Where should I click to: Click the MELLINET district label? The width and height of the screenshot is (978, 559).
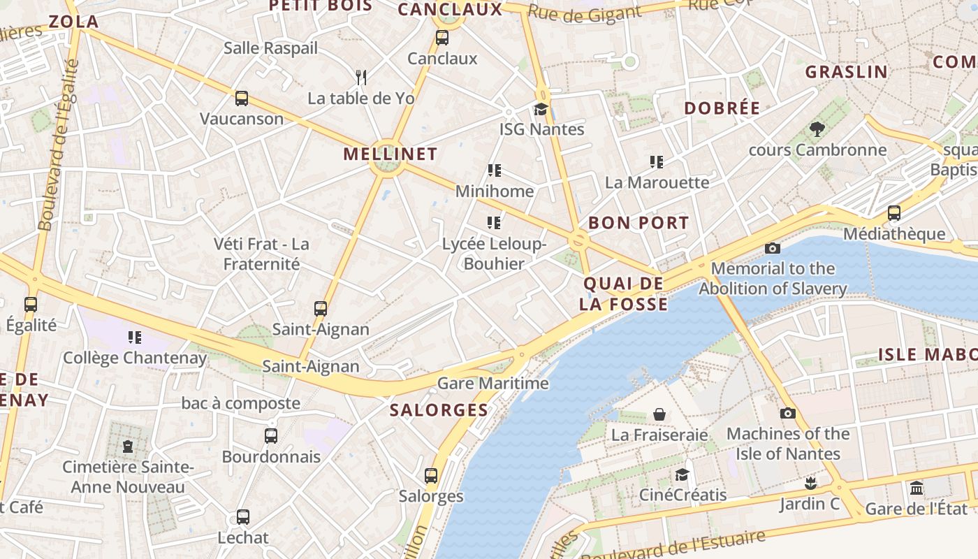pyautogui.click(x=390, y=154)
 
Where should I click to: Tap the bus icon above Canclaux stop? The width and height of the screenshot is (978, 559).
pyautogui.click(x=442, y=38)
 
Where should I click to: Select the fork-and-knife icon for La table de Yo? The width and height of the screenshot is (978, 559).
pyautogui.click(x=361, y=77)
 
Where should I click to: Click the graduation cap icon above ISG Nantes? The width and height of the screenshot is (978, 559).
pyautogui.click(x=541, y=109)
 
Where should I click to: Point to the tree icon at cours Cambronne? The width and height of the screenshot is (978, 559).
pyautogui.click(x=817, y=129)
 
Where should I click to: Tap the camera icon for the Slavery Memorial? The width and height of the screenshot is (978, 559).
pyautogui.click(x=772, y=248)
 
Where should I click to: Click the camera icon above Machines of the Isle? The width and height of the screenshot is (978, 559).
pyautogui.click(x=788, y=413)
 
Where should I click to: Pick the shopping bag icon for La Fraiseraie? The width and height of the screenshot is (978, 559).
pyautogui.click(x=659, y=414)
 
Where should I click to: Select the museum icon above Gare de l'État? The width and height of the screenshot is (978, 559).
pyautogui.click(x=917, y=488)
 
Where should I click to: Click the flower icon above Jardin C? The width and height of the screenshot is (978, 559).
pyautogui.click(x=810, y=483)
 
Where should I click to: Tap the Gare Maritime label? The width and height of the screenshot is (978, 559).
pyautogui.click(x=493, y=384)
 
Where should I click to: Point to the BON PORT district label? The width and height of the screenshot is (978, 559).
pyautogui.click(x=638, y=224)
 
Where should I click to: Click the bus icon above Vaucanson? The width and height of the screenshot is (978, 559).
pyautogui.click(x=242, y=98)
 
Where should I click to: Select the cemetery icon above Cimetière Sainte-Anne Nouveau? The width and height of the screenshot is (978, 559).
pyautogui.click(x=128, y=446)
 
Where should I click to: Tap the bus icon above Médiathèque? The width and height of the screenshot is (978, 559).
pyautogui.click(x=894, y=213)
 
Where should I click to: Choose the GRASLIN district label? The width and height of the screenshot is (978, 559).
pyautogui.click(x=846, y=72)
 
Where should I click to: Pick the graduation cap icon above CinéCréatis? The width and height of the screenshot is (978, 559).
pyautogui.click(x=682, y=475)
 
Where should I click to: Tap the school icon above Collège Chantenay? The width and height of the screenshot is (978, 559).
pyautogui.click(x=135, y=337)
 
